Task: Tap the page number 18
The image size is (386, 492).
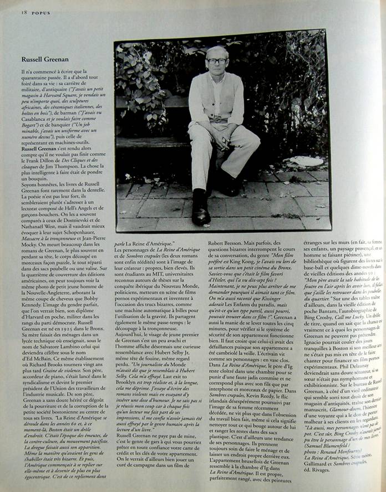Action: pos(9,11)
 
